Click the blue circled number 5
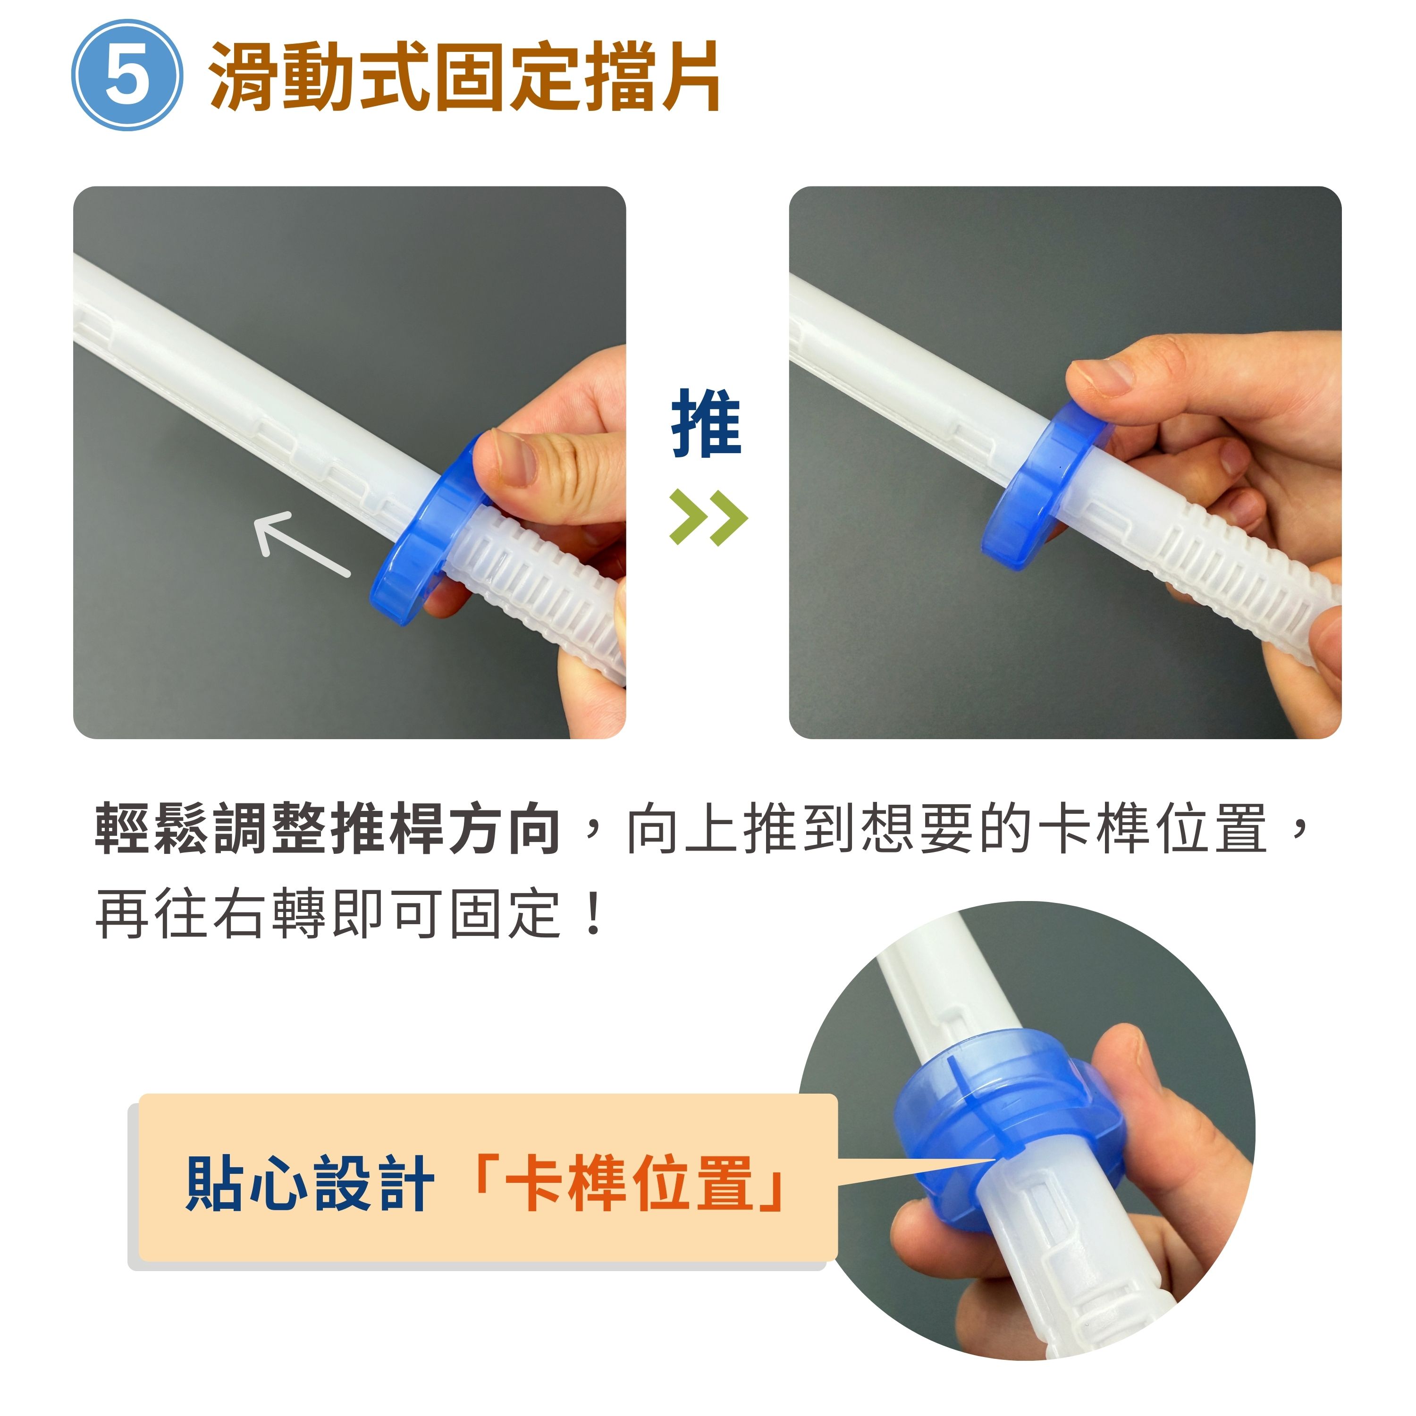(x=126, y=75)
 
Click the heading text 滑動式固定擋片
(x=464, y=76)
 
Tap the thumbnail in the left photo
(x=517, y=460)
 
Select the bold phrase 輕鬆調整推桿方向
(x=329, y=829)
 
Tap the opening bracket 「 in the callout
(x=484, y=1172)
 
